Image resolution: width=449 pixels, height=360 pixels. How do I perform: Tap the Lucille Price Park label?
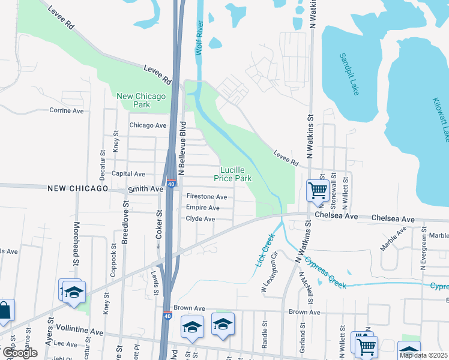235,174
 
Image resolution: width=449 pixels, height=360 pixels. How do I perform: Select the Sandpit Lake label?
349,74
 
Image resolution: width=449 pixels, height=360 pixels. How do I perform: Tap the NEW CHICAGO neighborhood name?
77,188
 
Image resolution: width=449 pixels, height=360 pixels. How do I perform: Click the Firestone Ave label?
206,197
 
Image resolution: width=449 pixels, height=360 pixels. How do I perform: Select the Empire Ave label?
202,208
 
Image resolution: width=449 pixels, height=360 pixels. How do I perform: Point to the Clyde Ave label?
200,219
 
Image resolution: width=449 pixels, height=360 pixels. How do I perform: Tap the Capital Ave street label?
130,174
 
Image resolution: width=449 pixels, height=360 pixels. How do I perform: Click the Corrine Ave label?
67,110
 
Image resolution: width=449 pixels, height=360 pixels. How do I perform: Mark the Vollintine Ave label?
79,332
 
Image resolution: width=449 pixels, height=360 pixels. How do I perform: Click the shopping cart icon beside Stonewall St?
317,191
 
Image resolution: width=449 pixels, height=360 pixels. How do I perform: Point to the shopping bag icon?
4,310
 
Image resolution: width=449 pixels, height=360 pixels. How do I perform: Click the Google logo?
20,353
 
